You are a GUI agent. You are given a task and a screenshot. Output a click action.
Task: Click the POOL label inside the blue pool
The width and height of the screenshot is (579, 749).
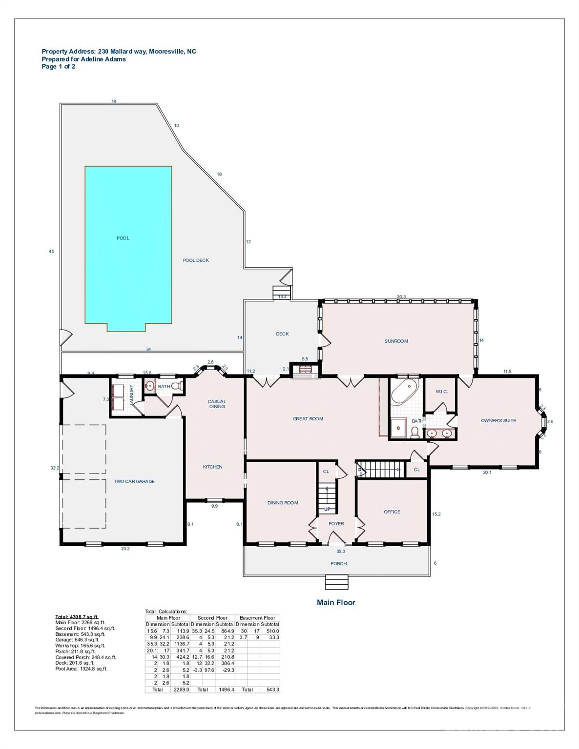coord(123,238)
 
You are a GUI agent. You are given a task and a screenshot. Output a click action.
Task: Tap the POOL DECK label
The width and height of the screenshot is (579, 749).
coord(196,260)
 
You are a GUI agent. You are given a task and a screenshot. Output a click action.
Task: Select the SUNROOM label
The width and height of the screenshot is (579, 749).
coord(396,341)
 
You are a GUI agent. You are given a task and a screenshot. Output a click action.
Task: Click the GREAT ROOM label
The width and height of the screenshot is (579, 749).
coord(308,418)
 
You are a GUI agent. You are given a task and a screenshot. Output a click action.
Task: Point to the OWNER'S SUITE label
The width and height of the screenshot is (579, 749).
coord(498,420)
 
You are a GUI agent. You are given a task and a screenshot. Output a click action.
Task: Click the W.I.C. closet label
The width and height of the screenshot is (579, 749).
coord(441,392)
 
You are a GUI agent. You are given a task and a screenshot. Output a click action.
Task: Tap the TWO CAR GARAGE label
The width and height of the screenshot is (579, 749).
coord(134,481)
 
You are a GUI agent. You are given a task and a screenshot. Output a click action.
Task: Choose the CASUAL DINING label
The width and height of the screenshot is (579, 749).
coord(217,404)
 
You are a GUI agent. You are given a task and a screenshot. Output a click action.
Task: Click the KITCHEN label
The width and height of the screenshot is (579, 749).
coord(212,467)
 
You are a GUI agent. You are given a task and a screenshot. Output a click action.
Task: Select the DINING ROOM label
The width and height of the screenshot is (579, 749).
coord(283,503)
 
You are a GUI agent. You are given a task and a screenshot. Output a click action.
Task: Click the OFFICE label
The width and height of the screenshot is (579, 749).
coord(392,512)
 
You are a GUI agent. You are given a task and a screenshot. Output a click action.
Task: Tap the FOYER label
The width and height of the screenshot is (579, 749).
coord(336,524)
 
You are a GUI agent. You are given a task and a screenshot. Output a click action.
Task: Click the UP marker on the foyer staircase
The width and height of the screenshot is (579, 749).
coord(327,509)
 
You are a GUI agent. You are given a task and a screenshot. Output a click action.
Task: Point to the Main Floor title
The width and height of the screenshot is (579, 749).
coord(336,602)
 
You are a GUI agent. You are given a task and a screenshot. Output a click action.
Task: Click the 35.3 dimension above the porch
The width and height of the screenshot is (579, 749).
coord(340,552)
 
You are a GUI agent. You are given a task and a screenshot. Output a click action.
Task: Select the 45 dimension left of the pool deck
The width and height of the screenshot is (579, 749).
coord(51,251)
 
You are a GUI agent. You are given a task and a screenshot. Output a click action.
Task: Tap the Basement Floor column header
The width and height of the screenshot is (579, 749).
coord(257,618)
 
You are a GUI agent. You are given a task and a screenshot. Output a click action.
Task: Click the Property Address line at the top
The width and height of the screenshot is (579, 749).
coord(119,51)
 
